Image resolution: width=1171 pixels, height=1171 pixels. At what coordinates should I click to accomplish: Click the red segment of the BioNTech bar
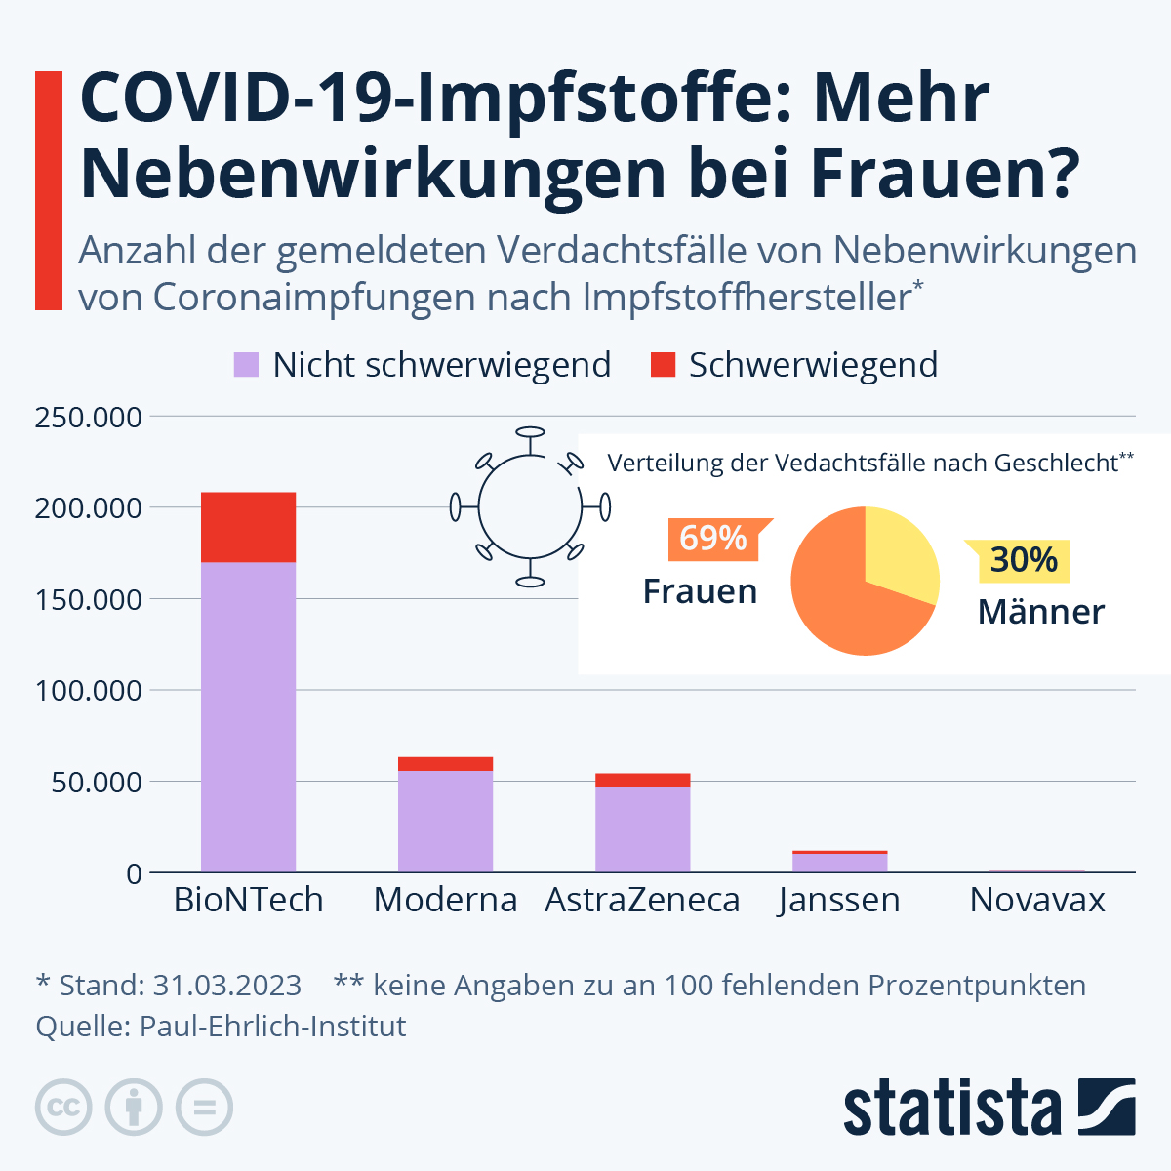248,527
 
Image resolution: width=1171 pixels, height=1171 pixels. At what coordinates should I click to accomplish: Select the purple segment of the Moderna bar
445,821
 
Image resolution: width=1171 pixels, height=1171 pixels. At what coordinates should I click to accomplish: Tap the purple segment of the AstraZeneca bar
642,828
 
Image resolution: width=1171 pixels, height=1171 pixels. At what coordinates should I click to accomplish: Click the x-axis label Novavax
1036,900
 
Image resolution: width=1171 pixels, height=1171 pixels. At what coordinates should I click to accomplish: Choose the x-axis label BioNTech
248,900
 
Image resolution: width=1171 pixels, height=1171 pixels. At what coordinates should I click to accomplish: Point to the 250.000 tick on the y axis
88,418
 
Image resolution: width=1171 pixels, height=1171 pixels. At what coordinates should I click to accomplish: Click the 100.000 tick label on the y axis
88,691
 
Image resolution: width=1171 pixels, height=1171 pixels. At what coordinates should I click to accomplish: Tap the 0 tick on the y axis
134,874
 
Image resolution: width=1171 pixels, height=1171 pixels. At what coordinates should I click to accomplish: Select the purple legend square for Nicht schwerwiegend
246,365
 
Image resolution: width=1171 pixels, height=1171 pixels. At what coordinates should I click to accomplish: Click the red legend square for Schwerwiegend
663,365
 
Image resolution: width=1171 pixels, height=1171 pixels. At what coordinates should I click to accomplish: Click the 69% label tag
713,538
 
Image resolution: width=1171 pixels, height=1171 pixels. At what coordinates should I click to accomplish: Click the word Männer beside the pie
1040,612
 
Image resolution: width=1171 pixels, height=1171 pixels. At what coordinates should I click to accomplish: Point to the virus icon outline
530,506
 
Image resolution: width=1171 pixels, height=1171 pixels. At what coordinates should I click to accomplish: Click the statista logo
989,1108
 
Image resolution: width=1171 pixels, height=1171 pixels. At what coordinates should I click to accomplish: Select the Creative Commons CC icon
63,1108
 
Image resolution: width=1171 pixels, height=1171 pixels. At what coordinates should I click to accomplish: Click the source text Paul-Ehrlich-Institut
272,1027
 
